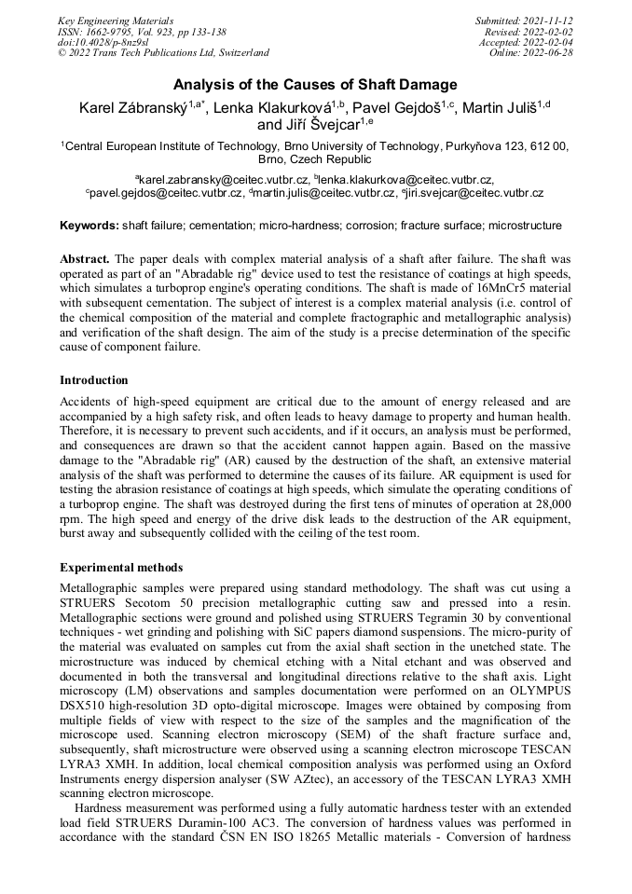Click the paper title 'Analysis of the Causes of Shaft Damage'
pos(315,85)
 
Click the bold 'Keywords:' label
pos(89,226)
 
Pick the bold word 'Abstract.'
pos(85,257)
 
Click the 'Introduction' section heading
pos(94,380)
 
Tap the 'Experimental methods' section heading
pos(121,567)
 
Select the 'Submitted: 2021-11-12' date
pos(524,20)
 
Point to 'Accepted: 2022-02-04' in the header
pos(526,42)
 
